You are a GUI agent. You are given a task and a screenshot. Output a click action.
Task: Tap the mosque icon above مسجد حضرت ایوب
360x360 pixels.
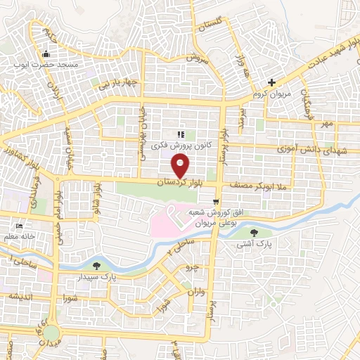click(46, 54)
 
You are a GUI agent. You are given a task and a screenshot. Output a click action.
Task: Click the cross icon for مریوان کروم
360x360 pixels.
click(272, 82)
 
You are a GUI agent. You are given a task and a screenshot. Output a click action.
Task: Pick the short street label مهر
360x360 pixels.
click(324, 124)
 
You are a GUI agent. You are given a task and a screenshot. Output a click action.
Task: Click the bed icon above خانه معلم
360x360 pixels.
click(20, 227)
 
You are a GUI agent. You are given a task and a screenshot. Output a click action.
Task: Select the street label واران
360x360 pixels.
click(194, 290)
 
